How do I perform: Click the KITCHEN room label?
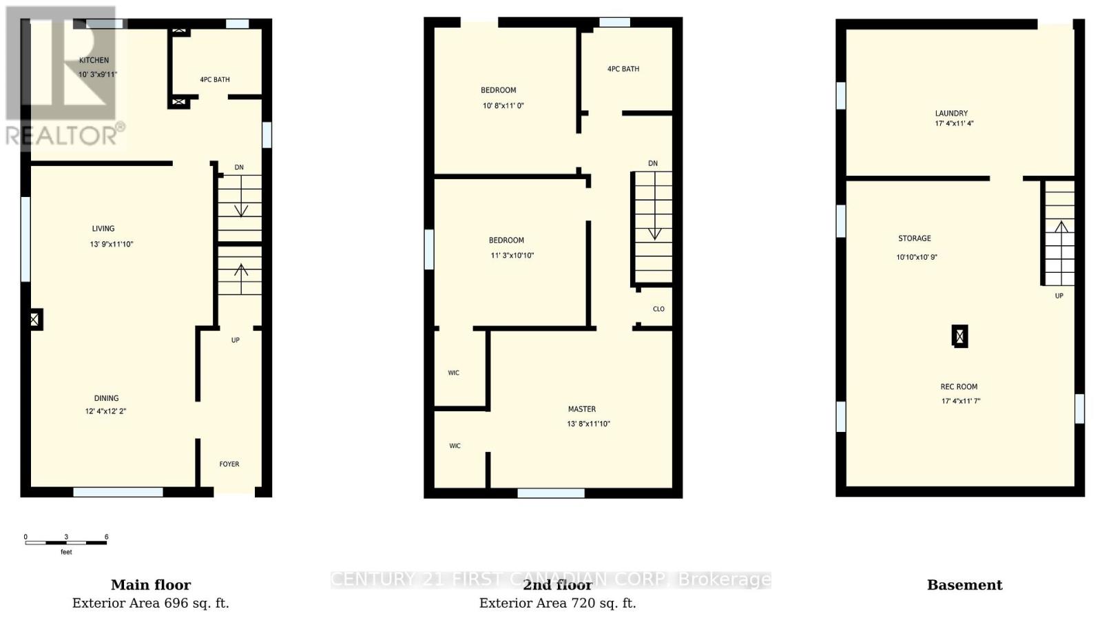94,60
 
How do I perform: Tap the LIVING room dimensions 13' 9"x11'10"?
112,244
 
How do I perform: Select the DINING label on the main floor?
106,398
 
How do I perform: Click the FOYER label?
229,464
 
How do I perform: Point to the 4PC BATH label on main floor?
215,80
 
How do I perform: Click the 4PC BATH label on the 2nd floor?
623,69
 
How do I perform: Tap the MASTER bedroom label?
582,409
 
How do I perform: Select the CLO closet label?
658,309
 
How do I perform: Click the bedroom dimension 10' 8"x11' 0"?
503,106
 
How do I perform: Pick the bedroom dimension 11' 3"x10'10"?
512,256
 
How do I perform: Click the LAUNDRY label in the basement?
951,114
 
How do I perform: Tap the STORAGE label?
915,238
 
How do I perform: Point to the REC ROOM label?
959,387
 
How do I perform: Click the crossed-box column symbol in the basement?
959,336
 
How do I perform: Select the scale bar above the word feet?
66,543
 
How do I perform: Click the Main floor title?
151,585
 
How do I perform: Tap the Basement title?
964,585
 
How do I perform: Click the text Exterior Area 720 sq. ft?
557,604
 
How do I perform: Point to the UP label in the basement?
1059,296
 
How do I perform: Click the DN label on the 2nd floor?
653,164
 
